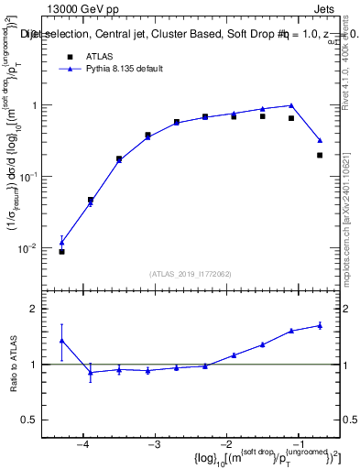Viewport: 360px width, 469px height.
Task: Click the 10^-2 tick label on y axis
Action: (x=37, y=248)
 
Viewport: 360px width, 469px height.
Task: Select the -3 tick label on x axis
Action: (x=154, y=444)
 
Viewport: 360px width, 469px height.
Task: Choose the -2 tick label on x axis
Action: (x=226, y=444)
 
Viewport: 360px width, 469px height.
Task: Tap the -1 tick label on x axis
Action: (x=298, y=444)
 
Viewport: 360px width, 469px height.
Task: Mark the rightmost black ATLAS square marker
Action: (x=320, y=155)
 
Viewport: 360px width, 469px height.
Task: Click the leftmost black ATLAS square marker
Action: (x=61, y=251)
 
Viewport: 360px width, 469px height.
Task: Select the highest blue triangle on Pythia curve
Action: (x=290, y=105)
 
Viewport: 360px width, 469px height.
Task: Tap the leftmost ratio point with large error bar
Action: (x=61, y=340)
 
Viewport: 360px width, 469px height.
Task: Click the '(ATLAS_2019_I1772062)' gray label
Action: (x=191, y=273)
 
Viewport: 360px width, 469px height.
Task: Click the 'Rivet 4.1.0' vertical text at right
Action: (x=349, y=82)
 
